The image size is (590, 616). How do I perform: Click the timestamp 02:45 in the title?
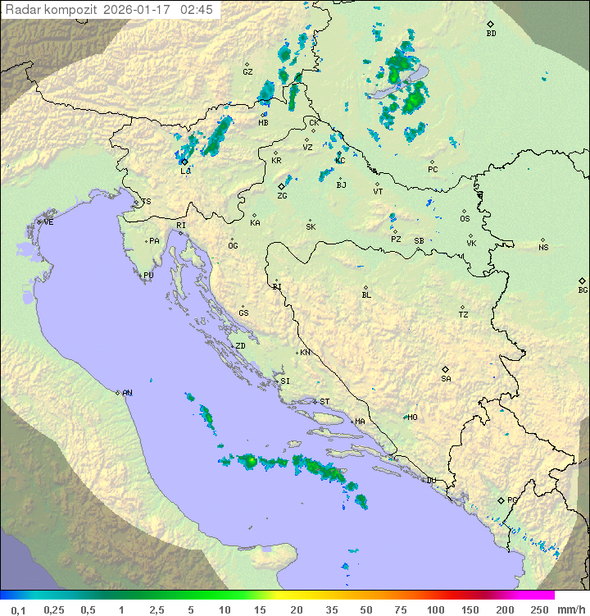coord(198,9)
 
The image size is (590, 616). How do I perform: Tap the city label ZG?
coord(282,196)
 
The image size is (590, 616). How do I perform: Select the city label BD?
coord(491,34)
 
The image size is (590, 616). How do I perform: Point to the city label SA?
coord(446,379)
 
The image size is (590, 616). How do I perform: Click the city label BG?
coord(583,290)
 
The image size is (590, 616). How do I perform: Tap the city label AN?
coord(127,393)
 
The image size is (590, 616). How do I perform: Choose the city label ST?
coord(324,402)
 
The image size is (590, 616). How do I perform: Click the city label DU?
coord(431,481)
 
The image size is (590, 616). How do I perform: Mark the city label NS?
coord(543,248)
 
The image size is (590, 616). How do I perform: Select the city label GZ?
coord(247,72)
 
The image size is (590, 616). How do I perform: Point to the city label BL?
coord(366,295)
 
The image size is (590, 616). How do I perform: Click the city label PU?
coord(148,276)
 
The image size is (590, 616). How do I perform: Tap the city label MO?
coord(413,418)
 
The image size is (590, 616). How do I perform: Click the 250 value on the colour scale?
coord(539,609)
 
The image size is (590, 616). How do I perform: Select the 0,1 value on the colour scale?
coord(18,609)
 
